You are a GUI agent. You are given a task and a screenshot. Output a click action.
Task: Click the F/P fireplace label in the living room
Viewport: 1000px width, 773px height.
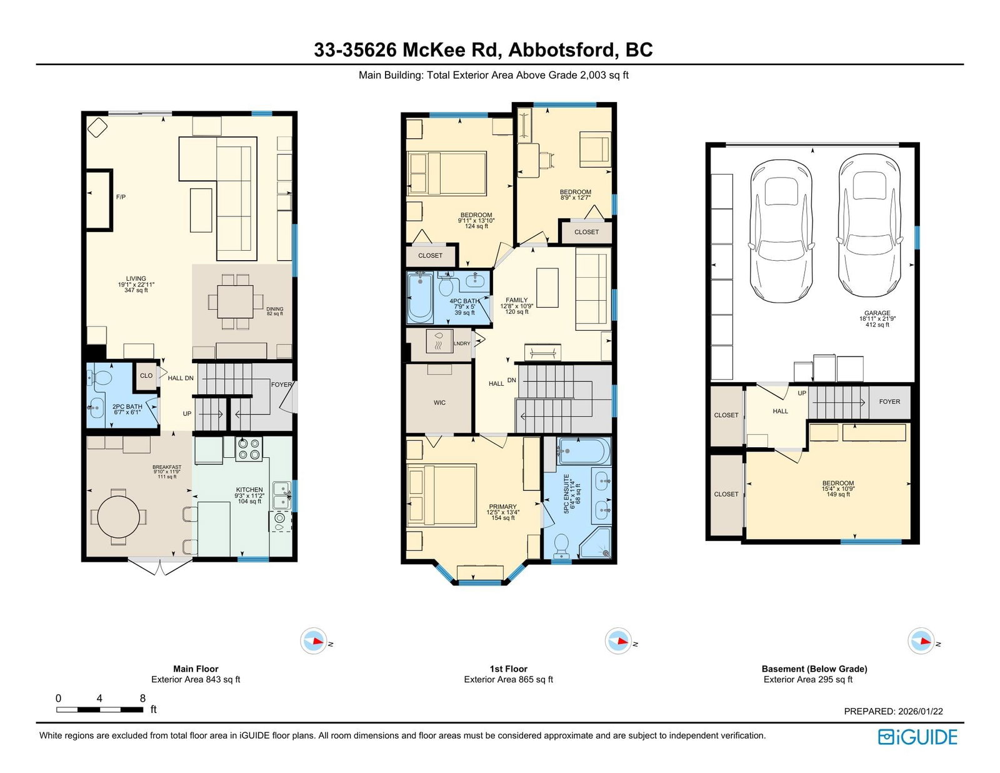pos(121,197)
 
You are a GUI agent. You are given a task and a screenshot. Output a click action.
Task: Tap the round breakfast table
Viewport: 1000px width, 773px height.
pos(118,517)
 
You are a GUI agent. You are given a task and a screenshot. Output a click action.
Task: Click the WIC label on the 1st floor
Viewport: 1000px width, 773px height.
pos(439,402)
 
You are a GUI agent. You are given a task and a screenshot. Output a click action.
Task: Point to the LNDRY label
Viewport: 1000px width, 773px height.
pos(462,343)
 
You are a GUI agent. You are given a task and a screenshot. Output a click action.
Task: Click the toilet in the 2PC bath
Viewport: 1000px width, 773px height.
pos(101,378)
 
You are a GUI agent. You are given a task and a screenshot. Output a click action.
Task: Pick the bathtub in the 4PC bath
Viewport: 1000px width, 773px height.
pos(420,297)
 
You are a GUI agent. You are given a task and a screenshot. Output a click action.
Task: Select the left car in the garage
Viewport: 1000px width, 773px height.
pos(781,231)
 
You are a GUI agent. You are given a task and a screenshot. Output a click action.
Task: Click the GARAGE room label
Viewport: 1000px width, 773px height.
pos(877,313)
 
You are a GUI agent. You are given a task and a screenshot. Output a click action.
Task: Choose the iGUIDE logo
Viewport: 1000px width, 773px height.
pos(917,737)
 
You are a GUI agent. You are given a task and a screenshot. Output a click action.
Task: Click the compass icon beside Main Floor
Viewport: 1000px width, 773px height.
pos(314,640)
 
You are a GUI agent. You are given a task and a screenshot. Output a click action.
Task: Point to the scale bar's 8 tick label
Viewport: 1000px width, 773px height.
pos(142,698)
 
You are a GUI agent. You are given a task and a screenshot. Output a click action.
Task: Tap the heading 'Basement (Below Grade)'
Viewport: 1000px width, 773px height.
pos(814,669)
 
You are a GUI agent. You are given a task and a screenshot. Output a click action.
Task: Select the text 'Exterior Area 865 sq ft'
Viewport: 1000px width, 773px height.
pos(508,680)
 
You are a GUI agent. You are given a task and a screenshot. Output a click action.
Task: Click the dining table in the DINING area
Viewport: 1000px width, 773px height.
pos(235,301)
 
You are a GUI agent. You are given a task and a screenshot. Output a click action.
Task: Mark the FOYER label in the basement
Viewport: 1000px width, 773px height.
pos(889,402)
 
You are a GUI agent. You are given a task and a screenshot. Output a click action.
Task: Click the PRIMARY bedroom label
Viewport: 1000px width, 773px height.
pos(502,507)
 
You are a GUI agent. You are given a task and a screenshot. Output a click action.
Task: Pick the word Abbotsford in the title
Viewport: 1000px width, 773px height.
pos(563,50)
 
